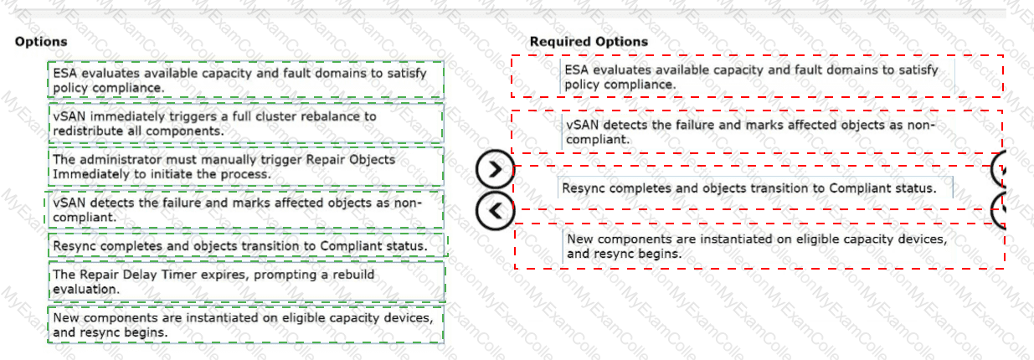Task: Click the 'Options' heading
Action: pyautogui.click(x=41, y=42)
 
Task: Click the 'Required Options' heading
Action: pyautogui.click(x=589, y=42)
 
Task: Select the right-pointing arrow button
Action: pyautogui.click(x=495, y=169)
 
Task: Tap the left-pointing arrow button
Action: pyautogui.click(x=495, y=211)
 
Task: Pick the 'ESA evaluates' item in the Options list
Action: pyautogui.click(x=245, y=80)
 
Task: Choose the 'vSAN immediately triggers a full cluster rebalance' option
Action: pyautogui.click(x=245, y=123)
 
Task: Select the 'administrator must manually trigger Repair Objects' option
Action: pyautogui.click(x=245, y=167)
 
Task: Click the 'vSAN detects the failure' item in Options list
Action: pyautogui.click(x=245, y=209)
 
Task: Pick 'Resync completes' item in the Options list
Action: pyautogui.click(x=246, y=245)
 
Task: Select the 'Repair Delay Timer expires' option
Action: pyautogui.click(x=246, y=281)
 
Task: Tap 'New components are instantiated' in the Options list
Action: pyautogui.click(x=245, y=325)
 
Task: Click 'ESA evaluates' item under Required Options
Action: pyautogui.click(x=757, y=77)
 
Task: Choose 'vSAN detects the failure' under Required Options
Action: pyautogui.click(x=757, y=132)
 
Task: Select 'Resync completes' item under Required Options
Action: pyautogui.click(x=757, y=188)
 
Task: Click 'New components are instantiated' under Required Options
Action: pyautogui.click(x=759, y=246)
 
